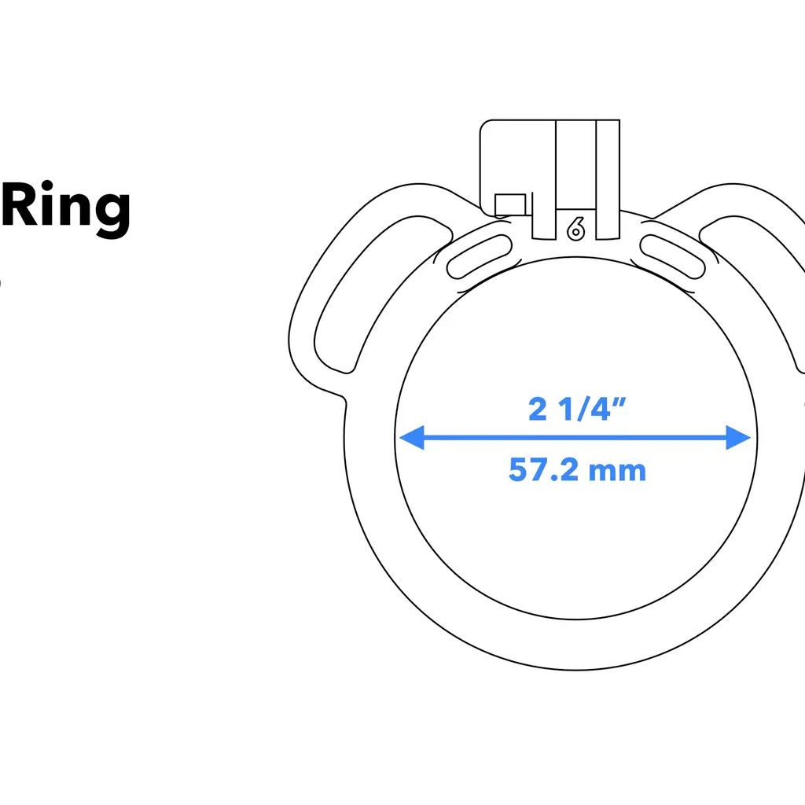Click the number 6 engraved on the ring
tap(575, 229)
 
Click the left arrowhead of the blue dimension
tap(410, 438)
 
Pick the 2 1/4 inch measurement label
tap(576, 409)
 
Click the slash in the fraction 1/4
tap(581, 409)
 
